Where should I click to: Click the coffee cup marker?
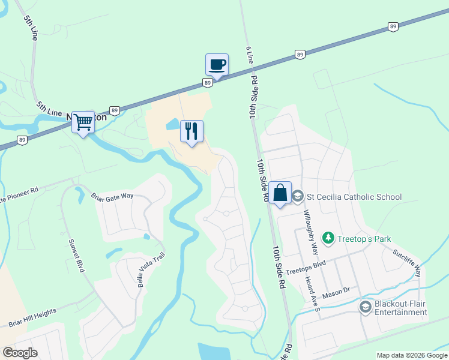tap(217, 65)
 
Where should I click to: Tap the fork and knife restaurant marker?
tap(191, 131)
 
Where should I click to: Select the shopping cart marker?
tap(83, 122)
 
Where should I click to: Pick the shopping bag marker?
tap(280, 193)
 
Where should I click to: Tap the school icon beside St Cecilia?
tap(298, 197)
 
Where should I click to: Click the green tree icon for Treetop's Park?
tap(328, 238)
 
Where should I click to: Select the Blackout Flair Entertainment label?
tap(400, 308)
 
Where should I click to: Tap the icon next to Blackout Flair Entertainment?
tap(365, 308)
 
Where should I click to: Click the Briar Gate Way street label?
tap(112, 196)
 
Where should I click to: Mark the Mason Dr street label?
tap(337, 292)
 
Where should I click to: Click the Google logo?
tap(20, 353)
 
